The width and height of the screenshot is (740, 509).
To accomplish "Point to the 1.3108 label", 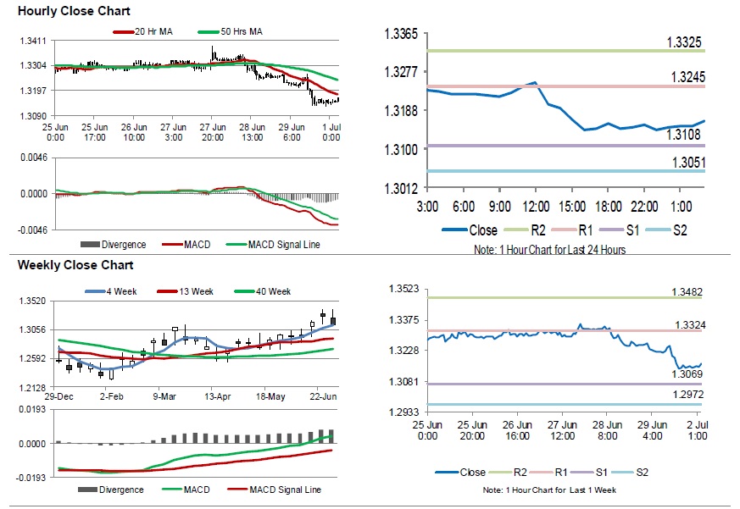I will click(x=683, y=134).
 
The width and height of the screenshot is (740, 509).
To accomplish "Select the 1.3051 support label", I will click(x=687, y=163).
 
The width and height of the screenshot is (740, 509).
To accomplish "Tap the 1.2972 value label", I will click(x=687, y=396).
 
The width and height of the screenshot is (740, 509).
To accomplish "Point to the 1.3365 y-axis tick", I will click(x=402, y=35).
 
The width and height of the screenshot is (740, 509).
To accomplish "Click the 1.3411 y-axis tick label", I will click(x=33, y=41).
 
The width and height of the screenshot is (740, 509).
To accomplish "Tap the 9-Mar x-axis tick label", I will click(x=164, y=396).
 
